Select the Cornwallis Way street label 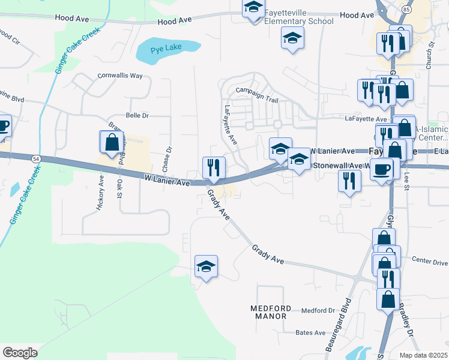point(120,76)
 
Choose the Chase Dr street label point(168,157)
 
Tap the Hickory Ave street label point(100,193)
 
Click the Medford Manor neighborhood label point(271,312)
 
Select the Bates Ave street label point(310,332)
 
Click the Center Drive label point(430,262)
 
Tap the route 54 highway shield point(36,158)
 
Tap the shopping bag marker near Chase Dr point(111,142)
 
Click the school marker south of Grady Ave point(206,266)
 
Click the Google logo point(20,353)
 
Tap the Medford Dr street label point(318,310)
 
